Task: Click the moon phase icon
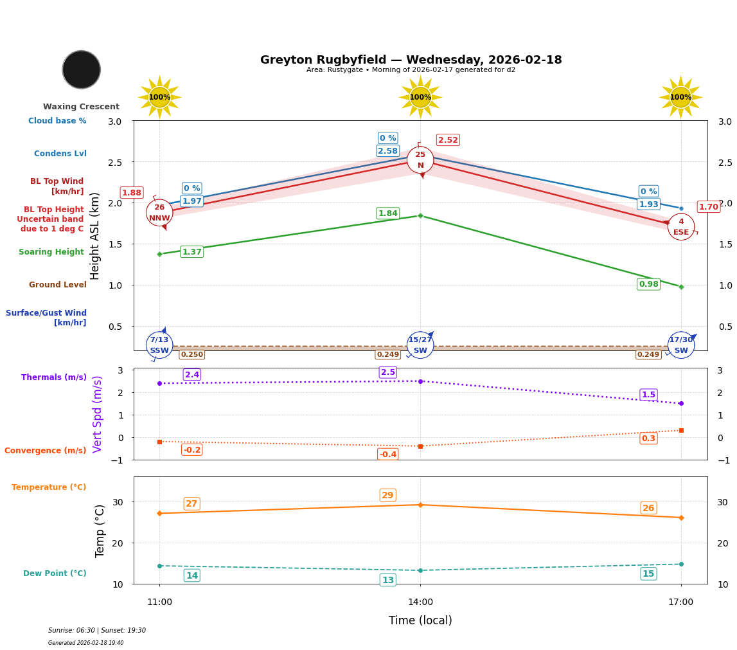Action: click(x=82, y=69)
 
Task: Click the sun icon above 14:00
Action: click(x=420, y=97)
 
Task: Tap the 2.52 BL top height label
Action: click(x=448, y=140)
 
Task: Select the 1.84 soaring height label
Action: click(x=387, y=213)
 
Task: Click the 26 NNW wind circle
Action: click(x=159, y=213)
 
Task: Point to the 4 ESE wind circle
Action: click(x=681, y=227)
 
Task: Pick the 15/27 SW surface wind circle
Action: click(x=420, y=345)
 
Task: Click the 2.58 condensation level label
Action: click(x=387, y=151)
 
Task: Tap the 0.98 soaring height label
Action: click(x=648, y=284)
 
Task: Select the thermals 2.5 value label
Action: click(x=388, y=372)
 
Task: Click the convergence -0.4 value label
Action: click(x=388, y=455)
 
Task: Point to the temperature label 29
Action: click(x=387, y=495)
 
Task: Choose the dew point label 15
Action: click(x=648, y=573)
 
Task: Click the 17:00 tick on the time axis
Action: click(x=680, y=602)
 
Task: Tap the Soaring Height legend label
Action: click(x=51, y=253)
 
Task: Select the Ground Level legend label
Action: click(x=58, y=285)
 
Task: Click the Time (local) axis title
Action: click(x=420, y=620)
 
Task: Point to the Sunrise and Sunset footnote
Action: click(x=97, y=631)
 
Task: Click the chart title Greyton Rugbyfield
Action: click(x=411, y=60)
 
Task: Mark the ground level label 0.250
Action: click(x=191, y=355)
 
